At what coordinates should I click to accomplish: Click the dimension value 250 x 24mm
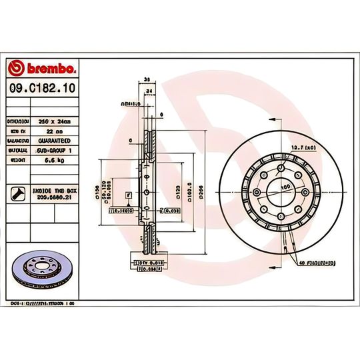coord(56,122)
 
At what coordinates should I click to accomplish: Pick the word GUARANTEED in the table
coord(58,142)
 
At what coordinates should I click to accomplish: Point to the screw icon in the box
coord(18,194)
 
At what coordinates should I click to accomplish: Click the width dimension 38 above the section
coord(145,79)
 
